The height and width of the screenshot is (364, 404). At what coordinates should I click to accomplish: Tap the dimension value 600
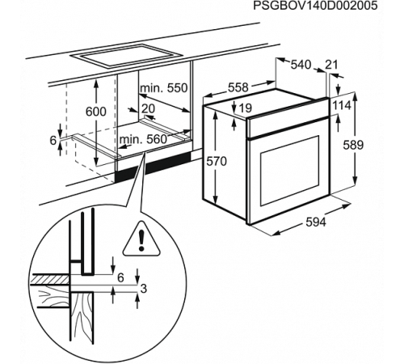click(x=96, y=111)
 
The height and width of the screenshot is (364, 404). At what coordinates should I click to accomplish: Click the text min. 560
click(x=143, y=139)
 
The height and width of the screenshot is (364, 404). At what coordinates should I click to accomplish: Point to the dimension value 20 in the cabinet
click(x=148, y=108)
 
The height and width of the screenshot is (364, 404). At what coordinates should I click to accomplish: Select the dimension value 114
click(x=343, y=105)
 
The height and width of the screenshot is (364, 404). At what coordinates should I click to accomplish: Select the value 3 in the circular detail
click(x=143, y=289)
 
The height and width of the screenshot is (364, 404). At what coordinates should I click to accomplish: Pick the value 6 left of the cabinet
click(x=53, y=141)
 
